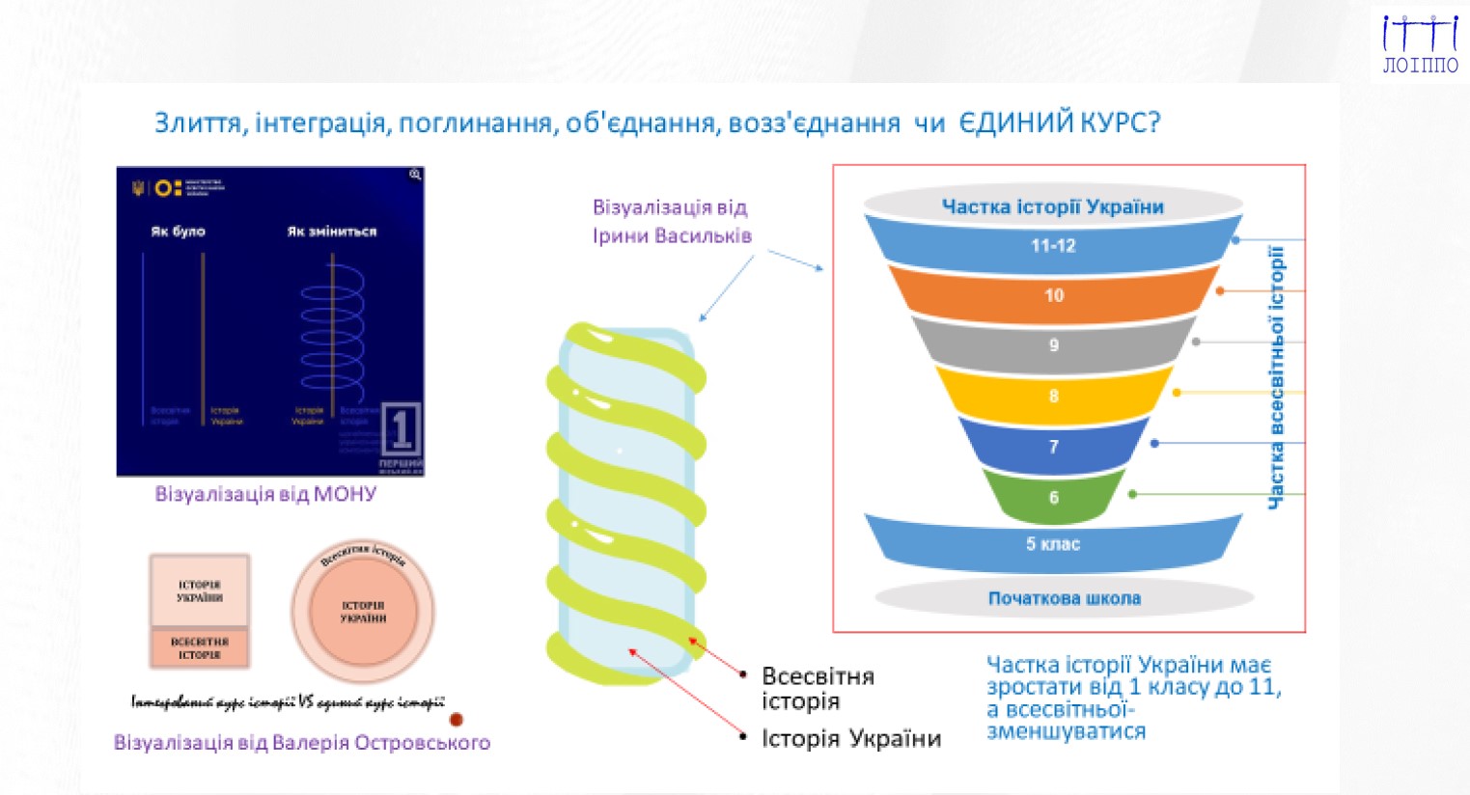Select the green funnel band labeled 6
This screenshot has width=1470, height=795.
point(1053,497)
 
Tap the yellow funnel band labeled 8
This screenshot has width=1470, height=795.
point(1053,396)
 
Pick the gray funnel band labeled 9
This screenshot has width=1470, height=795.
point(1053,344)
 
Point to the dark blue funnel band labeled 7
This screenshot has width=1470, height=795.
point(1053,446)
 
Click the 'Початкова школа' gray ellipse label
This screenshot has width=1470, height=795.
point(1064,598)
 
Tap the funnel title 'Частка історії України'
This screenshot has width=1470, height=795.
point(1052,206)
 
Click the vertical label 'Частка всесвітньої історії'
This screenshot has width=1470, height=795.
point(1276,376)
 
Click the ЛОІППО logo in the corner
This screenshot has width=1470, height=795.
point(1420,44)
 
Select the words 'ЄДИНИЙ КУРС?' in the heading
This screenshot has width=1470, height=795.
point(1059,123)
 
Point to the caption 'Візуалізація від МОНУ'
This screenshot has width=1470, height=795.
point(265,494)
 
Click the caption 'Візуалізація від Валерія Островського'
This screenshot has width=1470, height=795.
point(302,742)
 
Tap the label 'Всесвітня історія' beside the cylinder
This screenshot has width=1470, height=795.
point(818,688)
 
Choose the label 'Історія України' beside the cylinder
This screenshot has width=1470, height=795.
point(850,738)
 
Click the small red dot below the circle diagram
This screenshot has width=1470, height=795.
point(457,719)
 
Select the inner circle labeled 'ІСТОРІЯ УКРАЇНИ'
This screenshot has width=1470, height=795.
point(363,612)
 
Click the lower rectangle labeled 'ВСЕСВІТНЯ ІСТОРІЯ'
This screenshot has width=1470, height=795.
point(200,647)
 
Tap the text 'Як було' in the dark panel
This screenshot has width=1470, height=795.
point(178,232)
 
